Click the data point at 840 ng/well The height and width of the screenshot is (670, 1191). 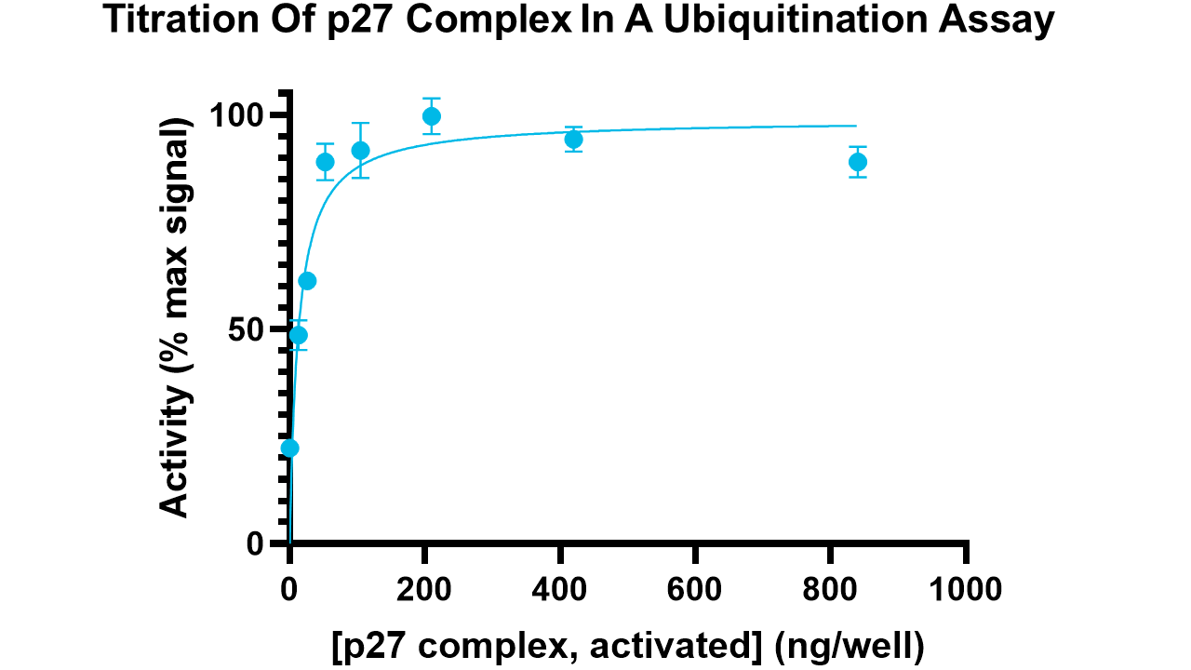(x=857, y=162)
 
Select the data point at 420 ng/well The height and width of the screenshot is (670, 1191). (x=573, y=140)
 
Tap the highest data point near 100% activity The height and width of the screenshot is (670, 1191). (x=431, y=116)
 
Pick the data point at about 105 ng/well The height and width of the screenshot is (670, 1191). (x=361, y=151)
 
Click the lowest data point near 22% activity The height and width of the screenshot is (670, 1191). (x=290, y=448)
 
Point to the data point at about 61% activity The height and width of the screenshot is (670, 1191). (x=307, y=281)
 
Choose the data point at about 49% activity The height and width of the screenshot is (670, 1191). (x=299, y=335)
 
